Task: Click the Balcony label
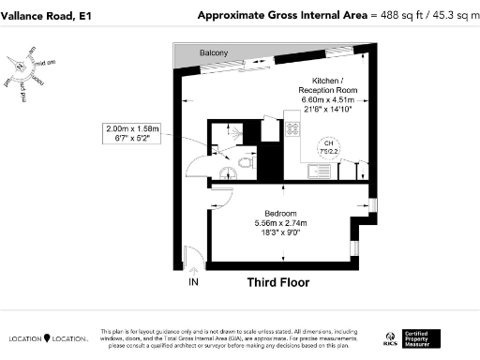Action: point(215,53)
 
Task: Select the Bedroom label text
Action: point(280,213)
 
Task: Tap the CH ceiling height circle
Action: point(329,143)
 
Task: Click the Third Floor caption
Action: point(277,281)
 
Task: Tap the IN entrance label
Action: point(194,281)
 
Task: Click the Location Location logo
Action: point(47,337)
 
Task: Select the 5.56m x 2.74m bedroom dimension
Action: point(280,223)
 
